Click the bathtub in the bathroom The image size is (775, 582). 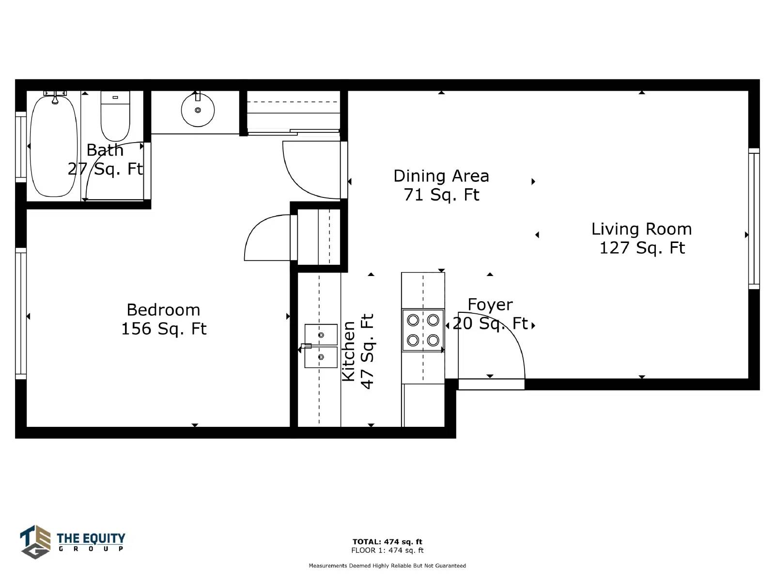pyautogui.click(x=54, y=145)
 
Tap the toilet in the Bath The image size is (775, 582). pyautogui.click(x=115, y=116)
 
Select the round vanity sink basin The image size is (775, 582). pyautogui.click(x=198, y=110)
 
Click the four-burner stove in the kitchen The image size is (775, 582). pyautogui.click(x=423, y=330)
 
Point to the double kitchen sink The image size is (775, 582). pyautogui.click(x=321, y=346)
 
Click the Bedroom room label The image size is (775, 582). pyautogui.click(x=163, y=310)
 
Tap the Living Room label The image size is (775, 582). pyautogui.click(x=641, y=229)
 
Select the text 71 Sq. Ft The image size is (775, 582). pyautogui.click(x=441, y=194)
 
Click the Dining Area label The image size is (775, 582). pyautogui.click(x=441, y=176)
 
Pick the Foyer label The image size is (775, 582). pyautogui.click(x=490, y=305)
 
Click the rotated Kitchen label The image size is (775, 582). pyautogui.click(x=349, y=351)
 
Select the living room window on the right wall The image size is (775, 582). pyautogui.click(x=754, y=218)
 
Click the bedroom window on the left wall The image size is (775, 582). pyautogui.click(x=21, y=313)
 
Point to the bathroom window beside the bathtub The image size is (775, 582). pyautogui.click(x=21, y=147)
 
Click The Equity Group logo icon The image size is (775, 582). pyautogui.click(x=35, y=542)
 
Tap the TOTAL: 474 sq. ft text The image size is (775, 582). pyautogui.click(x=387, y=542)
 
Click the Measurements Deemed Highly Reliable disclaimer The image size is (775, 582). pyautogui.click(x=387, y=566)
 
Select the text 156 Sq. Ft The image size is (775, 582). pyautogui.click(x=163, y=329)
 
